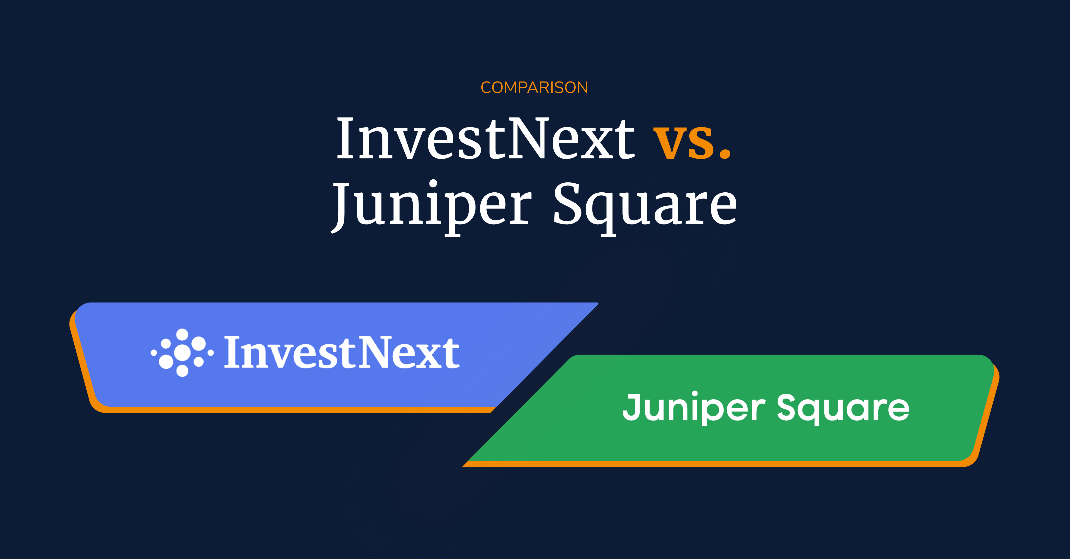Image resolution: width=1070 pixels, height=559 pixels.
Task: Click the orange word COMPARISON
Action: pos(534,88)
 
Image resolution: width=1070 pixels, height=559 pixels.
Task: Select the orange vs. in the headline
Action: pos(692,141)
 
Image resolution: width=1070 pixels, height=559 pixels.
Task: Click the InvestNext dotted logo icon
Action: pos(182,353)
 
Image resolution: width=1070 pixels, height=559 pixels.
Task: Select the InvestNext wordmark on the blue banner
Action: pos(341,353)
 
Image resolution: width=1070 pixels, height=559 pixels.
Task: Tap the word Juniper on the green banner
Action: pos(694,407)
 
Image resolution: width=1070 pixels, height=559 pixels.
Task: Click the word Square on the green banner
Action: pos(843,407)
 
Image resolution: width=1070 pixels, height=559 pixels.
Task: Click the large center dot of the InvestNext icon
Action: pos(182,353)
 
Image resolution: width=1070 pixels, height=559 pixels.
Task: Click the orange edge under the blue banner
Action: pos(291,410)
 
